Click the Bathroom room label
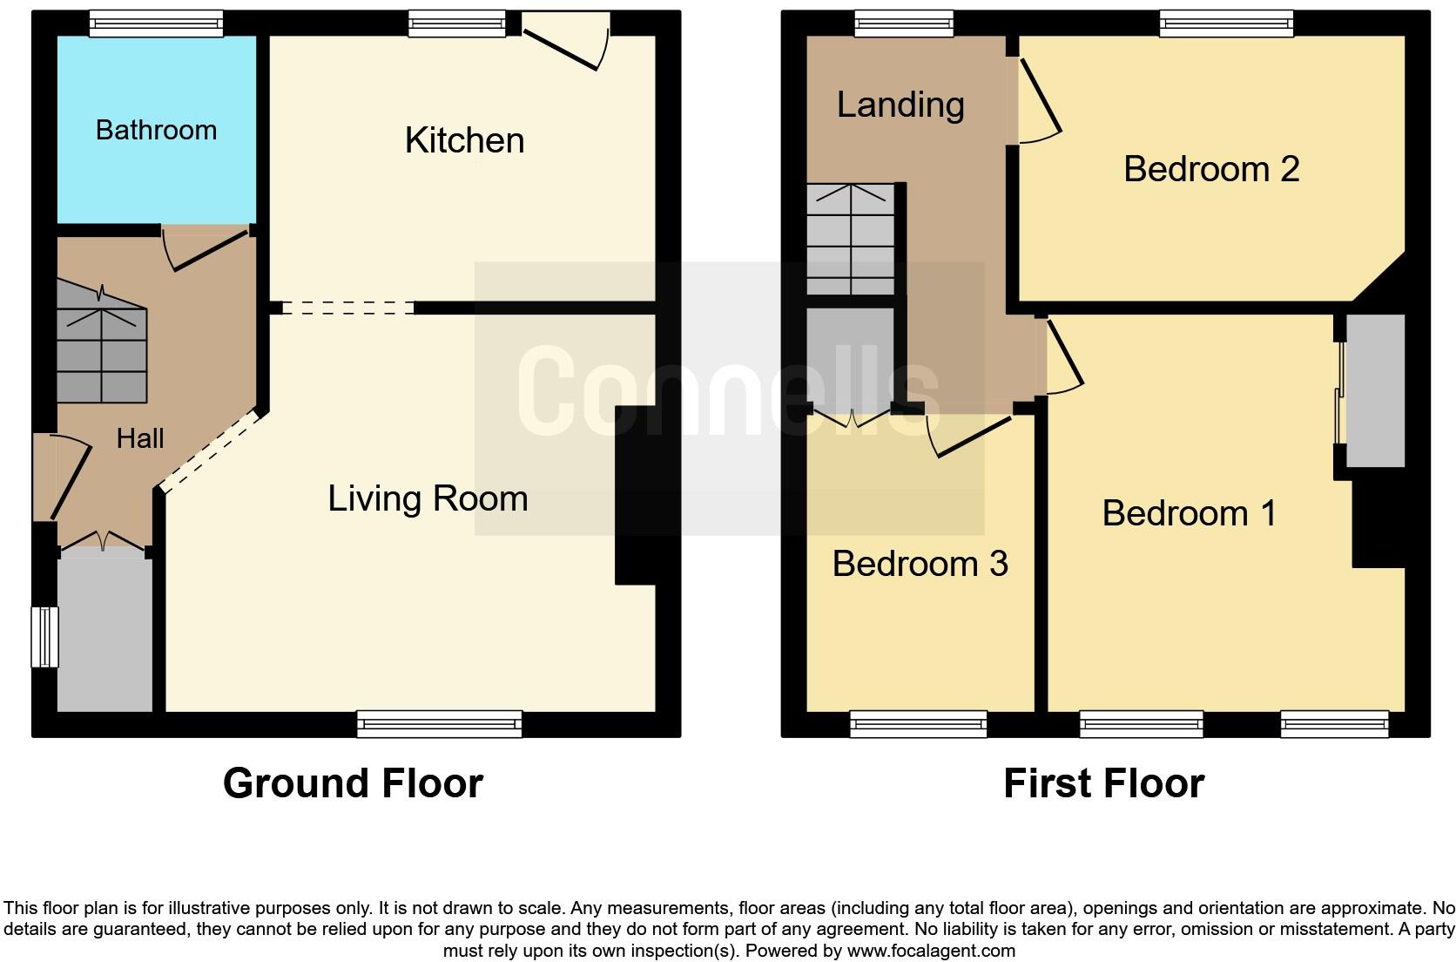click(156, 130)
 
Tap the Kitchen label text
click(464, 140)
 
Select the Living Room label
click(428, 498)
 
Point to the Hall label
click(140, 438)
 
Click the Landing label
click(900, 105)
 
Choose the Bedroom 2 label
click(1210, 169)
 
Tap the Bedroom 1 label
click(1189, 513)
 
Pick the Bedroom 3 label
click(920, 564)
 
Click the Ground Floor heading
click(353, 782)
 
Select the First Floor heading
click(1103, 782)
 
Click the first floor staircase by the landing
click(851, 240)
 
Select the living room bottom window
click(439, 724)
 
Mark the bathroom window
click(156, 24)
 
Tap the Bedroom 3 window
click(918, 724)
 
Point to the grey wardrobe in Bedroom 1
click(1374, 390)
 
